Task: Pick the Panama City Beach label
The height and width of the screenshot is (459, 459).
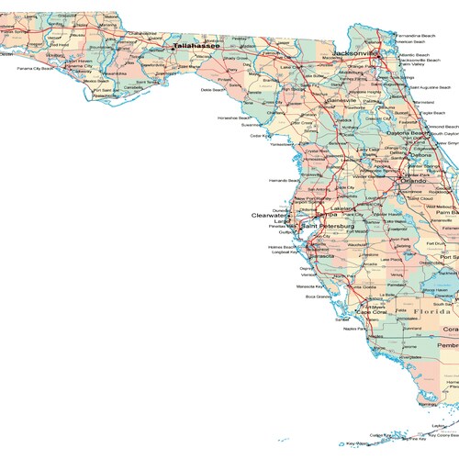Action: coord(35,68)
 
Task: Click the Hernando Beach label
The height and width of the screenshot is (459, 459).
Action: coord(284,180)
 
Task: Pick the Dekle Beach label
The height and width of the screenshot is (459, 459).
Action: coord(213,90)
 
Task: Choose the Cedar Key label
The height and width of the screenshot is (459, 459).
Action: coord(260,136)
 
